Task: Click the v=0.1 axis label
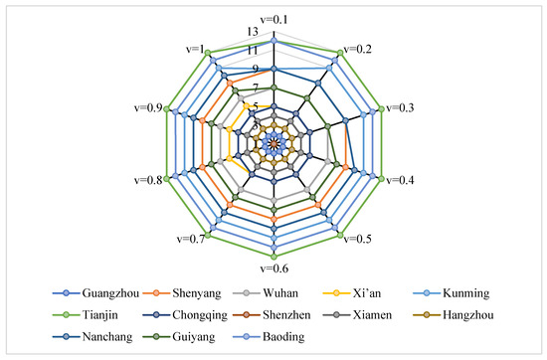pos(273,20)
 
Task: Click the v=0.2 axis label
pos(360,48)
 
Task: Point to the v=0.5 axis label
pos(360,240)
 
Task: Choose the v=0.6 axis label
pos(273,268)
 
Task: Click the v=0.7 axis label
pos(188,240)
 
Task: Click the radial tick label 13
pos(256,32)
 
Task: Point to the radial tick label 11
pos(256,51)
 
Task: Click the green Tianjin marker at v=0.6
pos(273,256)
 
